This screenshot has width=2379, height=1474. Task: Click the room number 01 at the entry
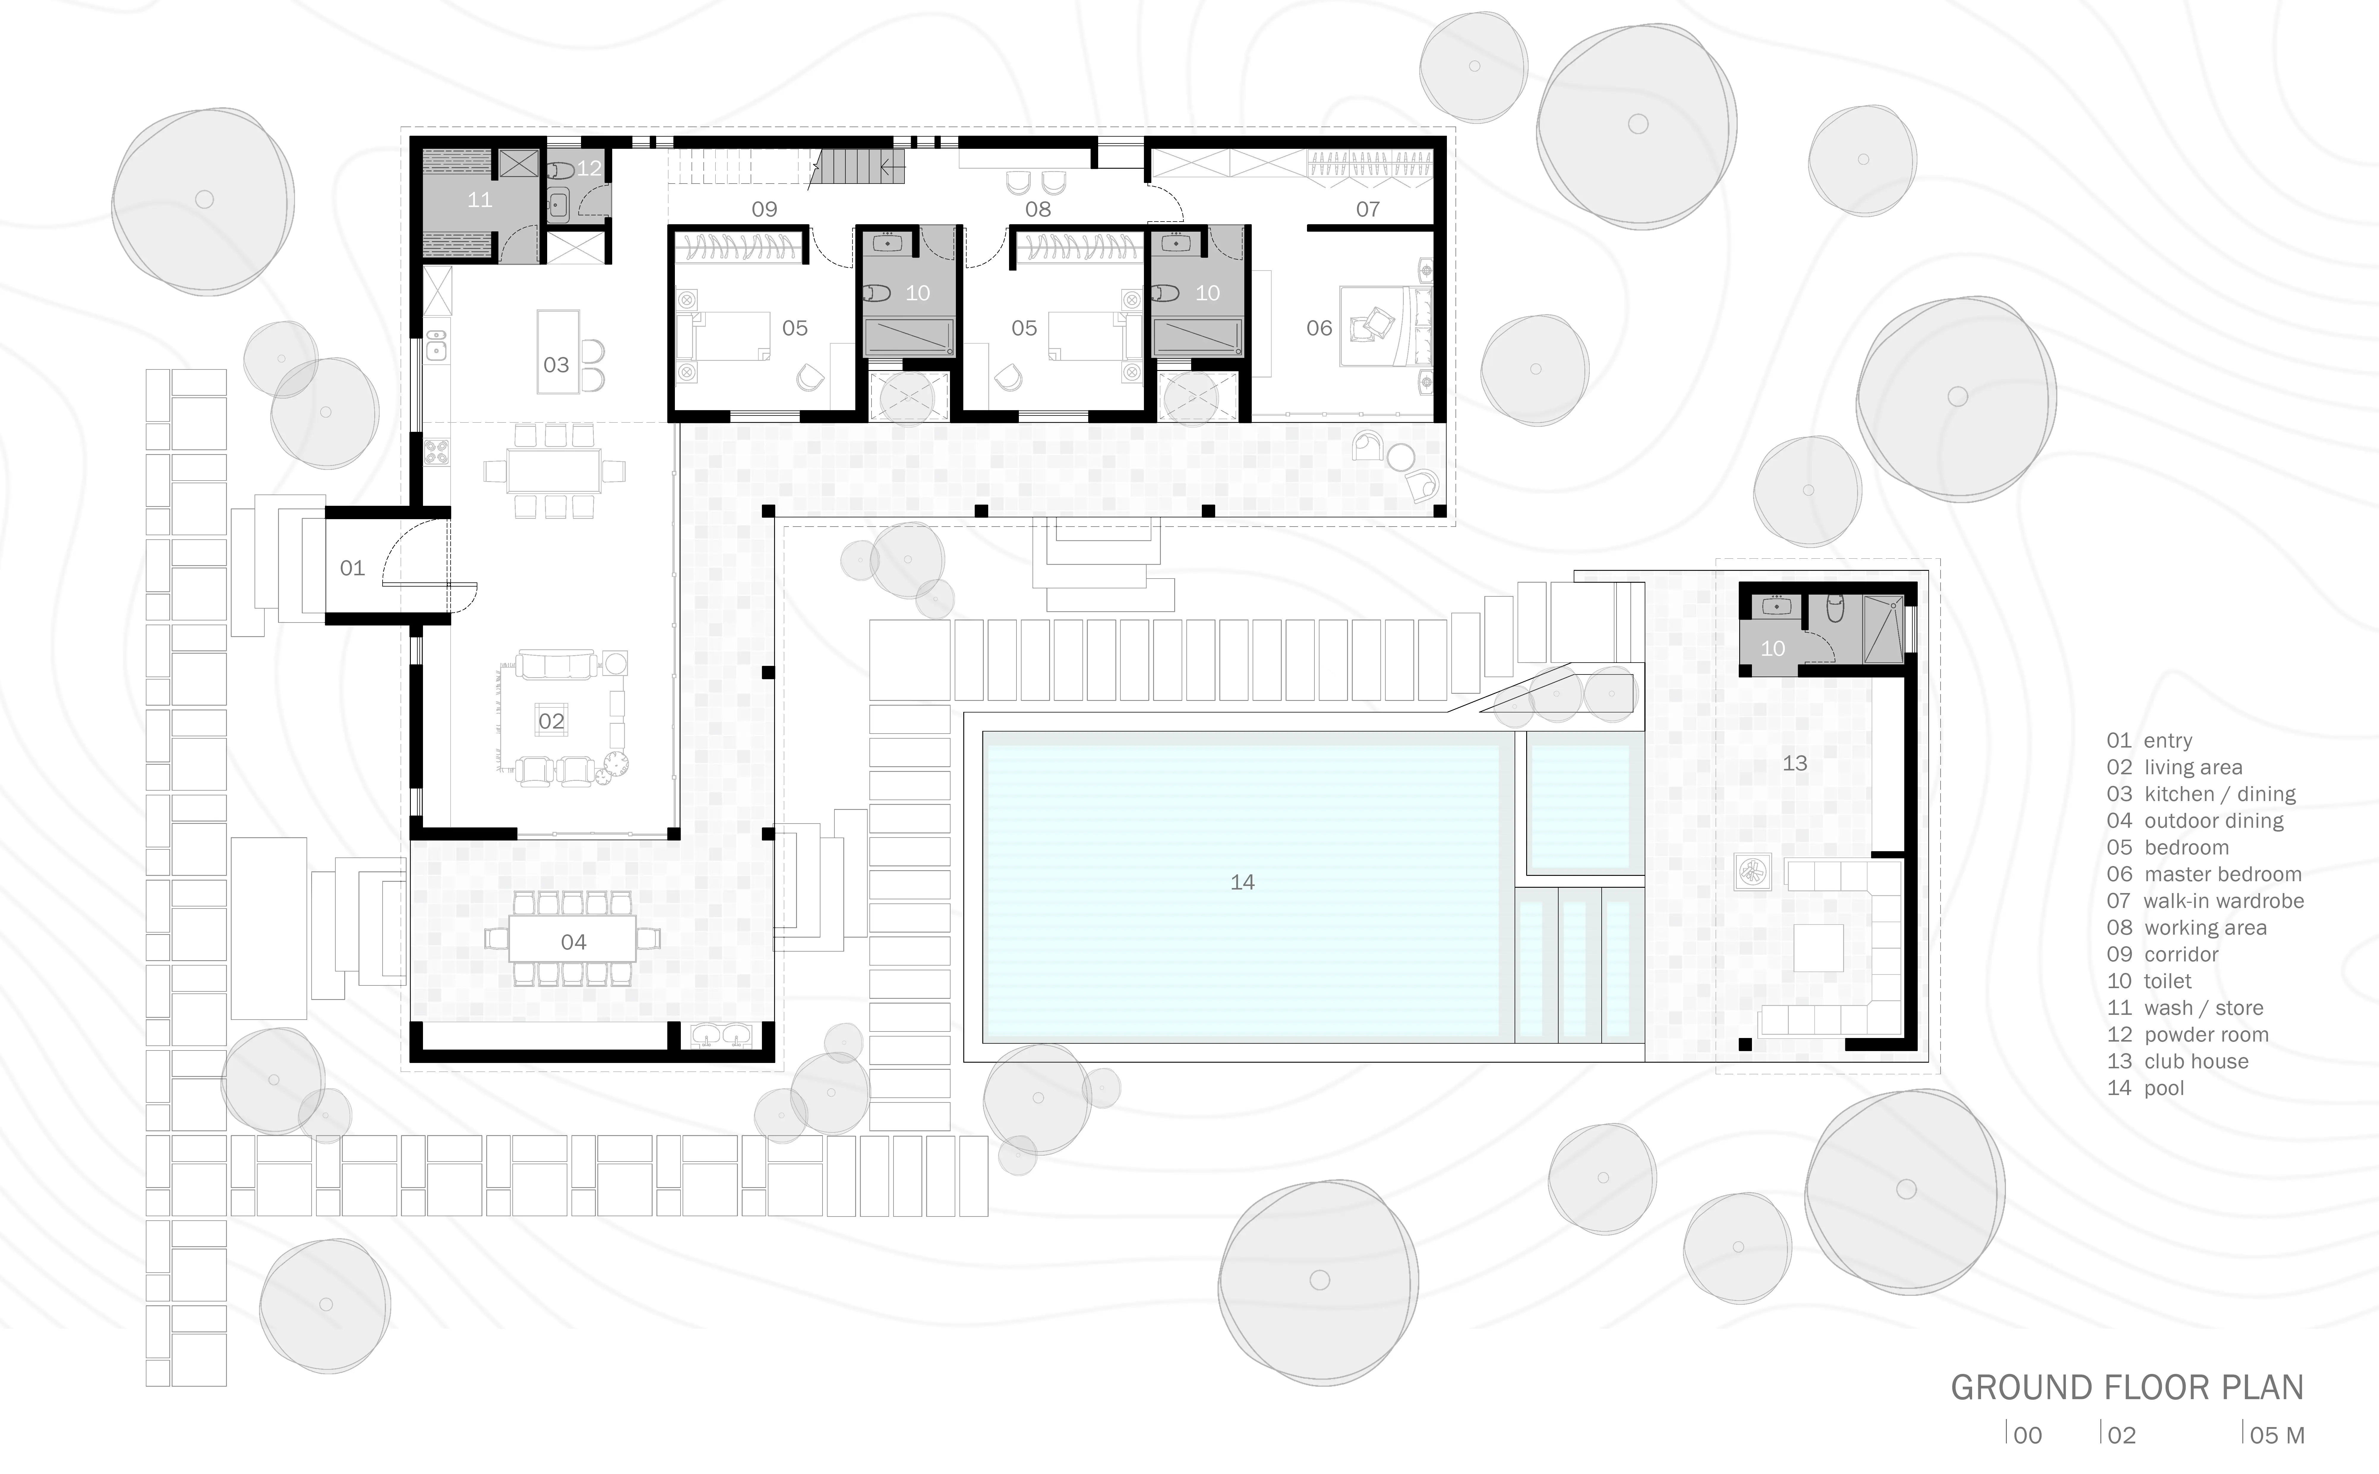(352, 567)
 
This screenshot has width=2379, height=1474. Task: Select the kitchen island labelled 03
(558, 352)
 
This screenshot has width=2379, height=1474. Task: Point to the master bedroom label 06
(1319, 328)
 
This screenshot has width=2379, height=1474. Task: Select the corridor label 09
(764, 208)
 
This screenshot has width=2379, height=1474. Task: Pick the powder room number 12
(589, 168)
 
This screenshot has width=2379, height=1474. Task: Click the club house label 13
(1795, 763)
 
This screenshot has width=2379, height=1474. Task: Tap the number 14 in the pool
(1242, 882)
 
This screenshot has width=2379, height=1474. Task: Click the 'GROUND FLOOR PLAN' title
(2127, 1387)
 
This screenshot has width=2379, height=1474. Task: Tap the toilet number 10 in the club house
(1772, 648)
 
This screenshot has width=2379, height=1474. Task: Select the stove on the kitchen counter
(436, 451)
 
